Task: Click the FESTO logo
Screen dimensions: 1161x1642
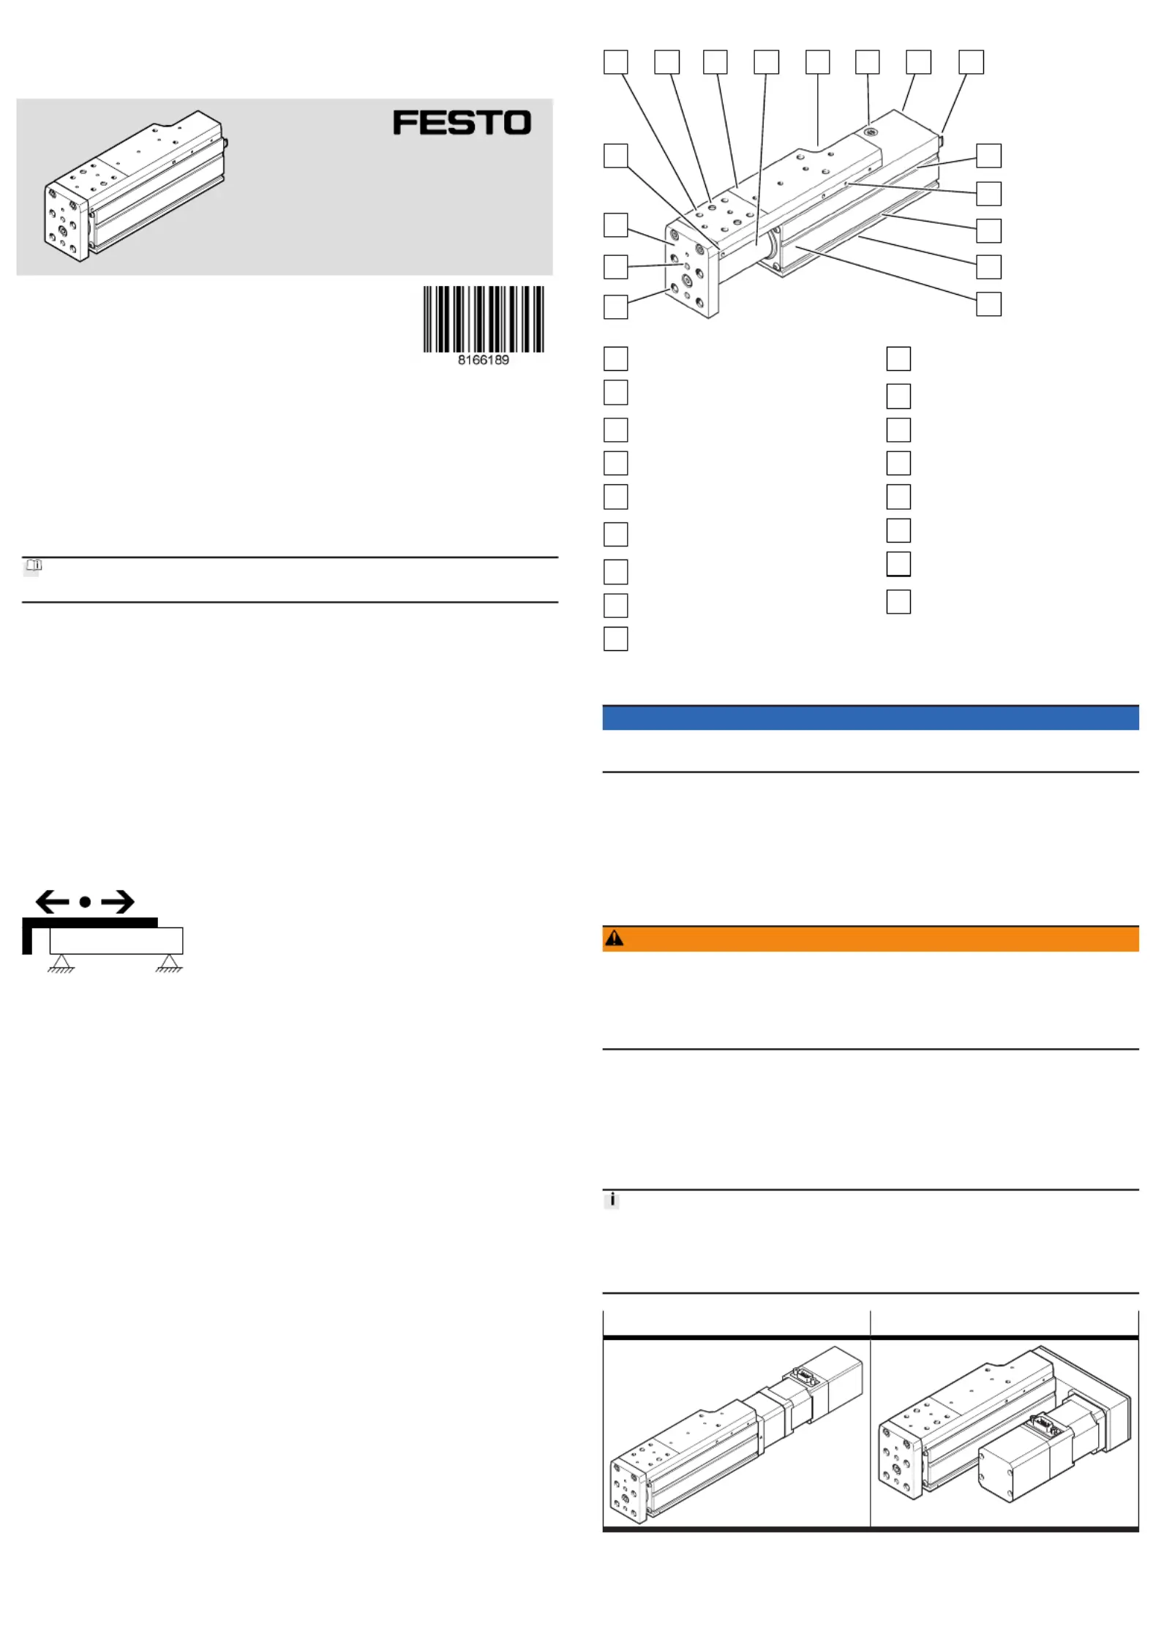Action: [462, 122]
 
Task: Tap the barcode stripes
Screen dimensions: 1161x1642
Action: [484, 319]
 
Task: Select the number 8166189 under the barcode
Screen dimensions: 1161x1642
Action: [484, 360]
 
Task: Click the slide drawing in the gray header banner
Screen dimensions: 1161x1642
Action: [135, 186]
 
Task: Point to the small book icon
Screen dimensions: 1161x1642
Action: [34, 565]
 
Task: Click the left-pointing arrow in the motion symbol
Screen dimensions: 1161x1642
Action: [52, 902]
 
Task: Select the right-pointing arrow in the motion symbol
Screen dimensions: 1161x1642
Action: [118, 902]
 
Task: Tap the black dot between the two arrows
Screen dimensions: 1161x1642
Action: [86, 902]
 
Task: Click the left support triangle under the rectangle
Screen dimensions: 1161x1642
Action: [61, 963]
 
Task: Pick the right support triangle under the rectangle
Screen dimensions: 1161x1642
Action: [169, 963]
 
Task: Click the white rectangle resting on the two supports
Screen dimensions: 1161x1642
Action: [116, 941]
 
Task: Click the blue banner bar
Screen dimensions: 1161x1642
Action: [871, 718]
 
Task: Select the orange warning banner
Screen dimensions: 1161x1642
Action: [871, 938]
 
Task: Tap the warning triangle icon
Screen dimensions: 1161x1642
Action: [615, 938]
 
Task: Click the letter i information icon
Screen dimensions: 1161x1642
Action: [612, 1200]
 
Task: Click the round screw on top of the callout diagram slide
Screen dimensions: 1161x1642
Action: [870, 132]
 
